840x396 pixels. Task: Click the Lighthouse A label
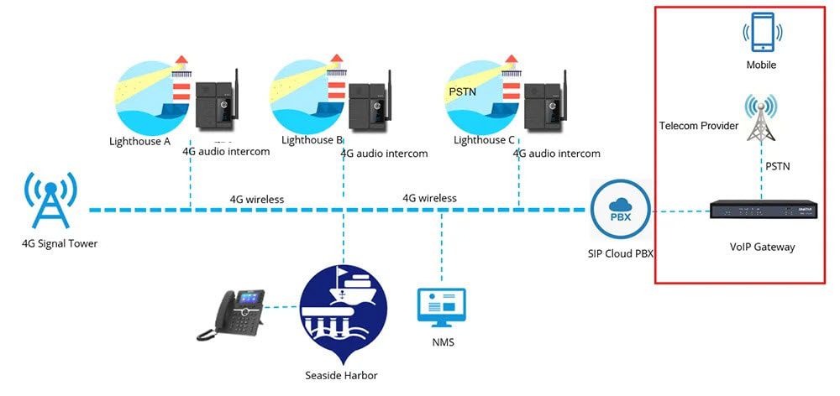(140, 141)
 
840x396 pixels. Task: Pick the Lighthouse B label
(312, 141)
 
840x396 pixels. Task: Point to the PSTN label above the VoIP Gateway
(778, 167)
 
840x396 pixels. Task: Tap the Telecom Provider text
(699, 126)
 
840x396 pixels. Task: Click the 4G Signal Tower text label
(60, 244)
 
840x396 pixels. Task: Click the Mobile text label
(761, 65)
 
